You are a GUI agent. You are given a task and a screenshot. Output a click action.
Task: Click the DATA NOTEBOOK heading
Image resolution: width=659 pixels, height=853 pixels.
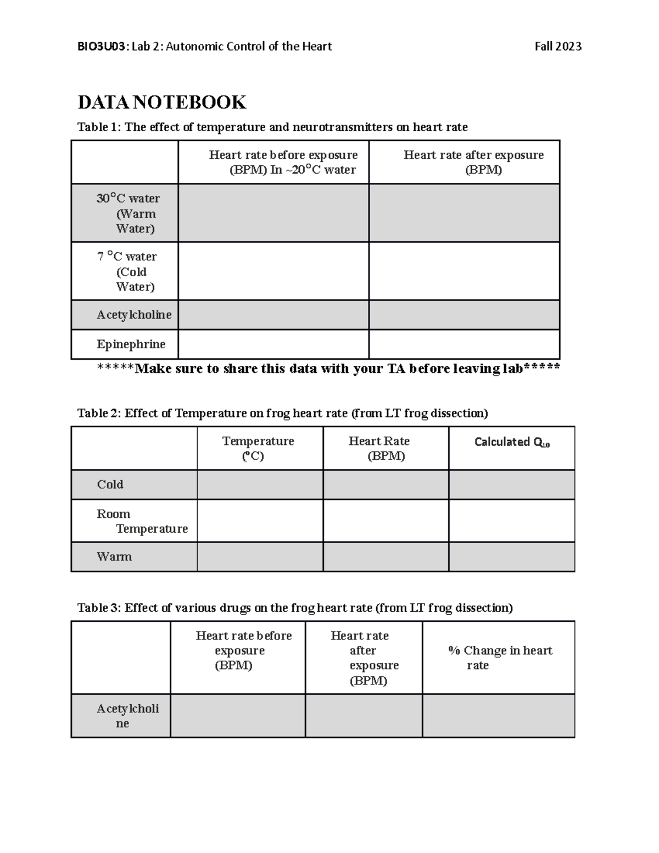tap(161, 102)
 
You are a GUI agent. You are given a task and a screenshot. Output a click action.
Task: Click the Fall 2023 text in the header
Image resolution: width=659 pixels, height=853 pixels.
tap(558, 47)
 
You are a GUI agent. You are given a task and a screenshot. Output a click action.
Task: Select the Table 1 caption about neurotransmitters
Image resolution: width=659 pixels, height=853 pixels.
tap(272, 127)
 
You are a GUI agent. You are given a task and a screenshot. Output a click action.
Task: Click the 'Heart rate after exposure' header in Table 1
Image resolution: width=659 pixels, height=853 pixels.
tap(473, 162)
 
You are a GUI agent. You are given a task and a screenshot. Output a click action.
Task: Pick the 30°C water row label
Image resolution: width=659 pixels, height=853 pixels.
tap(128, 213)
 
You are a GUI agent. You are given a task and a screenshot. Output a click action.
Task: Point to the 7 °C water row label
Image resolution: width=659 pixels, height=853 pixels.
tap(127, 271)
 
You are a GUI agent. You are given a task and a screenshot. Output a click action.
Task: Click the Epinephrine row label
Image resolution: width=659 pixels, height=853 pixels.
tap(131, 344)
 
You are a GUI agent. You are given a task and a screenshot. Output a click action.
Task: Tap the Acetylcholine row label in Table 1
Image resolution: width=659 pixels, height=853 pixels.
tap(134, 315)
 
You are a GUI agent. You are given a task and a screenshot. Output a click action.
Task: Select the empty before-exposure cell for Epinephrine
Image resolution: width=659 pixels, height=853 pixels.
tap(273, 344)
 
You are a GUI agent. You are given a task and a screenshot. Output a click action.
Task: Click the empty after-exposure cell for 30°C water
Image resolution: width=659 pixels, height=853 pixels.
tap(464, 213)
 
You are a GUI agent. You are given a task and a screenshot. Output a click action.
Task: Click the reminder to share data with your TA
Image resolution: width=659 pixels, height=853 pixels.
tap(328, 369)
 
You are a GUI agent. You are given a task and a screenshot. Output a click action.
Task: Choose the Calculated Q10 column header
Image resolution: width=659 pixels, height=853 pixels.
tap(512, 442)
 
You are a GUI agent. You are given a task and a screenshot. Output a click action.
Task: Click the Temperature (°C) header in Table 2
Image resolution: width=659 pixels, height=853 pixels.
tap(258, 448)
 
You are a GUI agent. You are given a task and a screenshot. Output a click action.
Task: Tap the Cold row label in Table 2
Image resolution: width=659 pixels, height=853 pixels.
tap(110, 484)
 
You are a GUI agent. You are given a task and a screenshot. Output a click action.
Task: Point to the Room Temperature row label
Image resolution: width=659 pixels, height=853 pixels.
tap(142, 521)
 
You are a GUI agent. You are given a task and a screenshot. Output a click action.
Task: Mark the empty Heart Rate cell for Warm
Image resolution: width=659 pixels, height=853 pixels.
tap(386, 557)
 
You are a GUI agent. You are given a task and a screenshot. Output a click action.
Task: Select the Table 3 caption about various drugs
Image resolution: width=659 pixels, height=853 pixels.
tap(295, 608)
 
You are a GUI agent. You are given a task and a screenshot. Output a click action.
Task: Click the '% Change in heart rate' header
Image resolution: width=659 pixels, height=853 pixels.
tap(500, 657)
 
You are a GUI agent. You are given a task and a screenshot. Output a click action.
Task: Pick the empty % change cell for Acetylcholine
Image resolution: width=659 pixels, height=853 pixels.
tap(498, 716)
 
